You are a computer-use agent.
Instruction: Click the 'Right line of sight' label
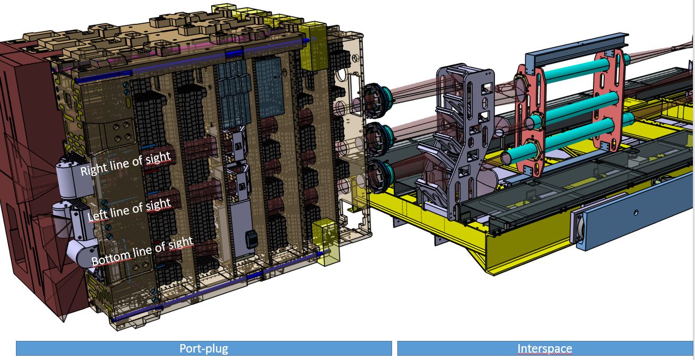point(125,164)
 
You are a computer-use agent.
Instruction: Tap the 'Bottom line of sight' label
point(142,252)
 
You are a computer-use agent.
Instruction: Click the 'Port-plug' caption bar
point(204,348)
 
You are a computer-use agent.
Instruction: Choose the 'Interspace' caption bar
point(545,348)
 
